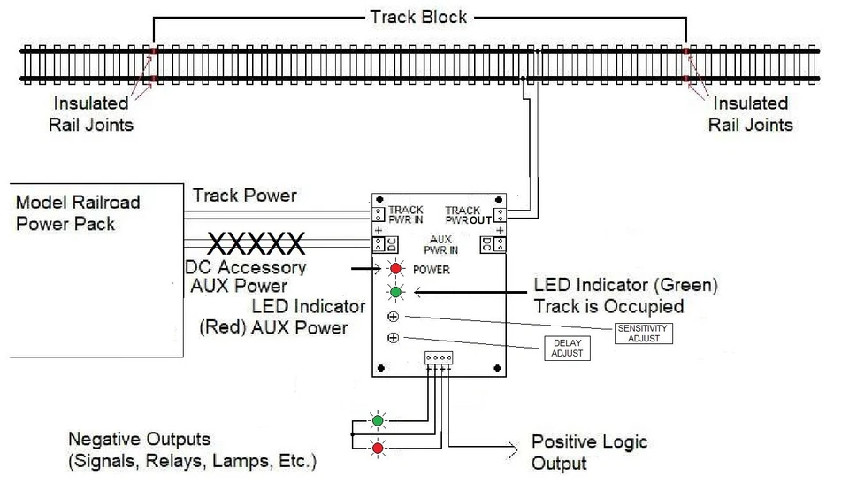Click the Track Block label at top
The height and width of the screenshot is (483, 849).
point(418,17)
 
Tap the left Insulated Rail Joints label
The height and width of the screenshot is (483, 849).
point(91,114)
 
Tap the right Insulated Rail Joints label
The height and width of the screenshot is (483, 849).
point(750,114)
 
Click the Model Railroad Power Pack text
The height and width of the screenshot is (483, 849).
point(78,212)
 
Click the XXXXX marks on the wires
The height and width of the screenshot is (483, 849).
point(256,242)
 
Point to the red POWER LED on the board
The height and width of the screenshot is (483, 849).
point(394,269)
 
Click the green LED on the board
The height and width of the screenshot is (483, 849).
point(394,291)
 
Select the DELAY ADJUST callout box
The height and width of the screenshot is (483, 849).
point(566,348)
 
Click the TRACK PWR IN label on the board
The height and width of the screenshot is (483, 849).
point(405,214)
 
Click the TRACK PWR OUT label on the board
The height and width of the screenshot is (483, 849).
point(468,214)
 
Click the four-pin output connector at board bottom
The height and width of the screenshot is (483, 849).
point(439,358)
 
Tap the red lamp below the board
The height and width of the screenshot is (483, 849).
point(378,448)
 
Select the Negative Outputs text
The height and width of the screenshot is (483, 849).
point(140,440)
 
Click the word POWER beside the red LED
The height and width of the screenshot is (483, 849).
point(432,269)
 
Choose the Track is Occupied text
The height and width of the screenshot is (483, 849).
point(608,307)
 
